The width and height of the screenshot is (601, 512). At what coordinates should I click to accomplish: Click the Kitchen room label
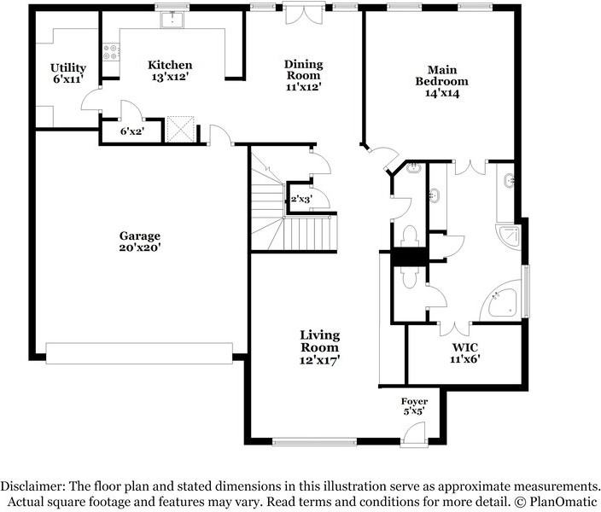pyautogui.click(x=170, y=71)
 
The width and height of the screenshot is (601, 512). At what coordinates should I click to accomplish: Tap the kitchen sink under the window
pyautogui.click(x=172, y=20)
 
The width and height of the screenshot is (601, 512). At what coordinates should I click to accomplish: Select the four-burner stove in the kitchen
pyautogui.click(x=111, y=52)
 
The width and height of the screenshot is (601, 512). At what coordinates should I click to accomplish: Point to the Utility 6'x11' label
pyautogui.click(x=67, y=73)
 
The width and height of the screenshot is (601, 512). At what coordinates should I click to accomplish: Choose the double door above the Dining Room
pyautogui.click(x=304, y=15)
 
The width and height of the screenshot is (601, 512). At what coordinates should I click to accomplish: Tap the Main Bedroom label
pyautogui.click(x=442, y=81)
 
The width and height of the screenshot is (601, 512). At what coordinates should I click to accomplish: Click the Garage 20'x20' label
pyautogui.click(x=139, y=241)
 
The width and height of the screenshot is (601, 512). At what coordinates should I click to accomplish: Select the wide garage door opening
pyautogui.click(x=139, y=353)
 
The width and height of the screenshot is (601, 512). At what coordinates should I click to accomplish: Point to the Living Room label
pyautogui.click(x=319, y=347)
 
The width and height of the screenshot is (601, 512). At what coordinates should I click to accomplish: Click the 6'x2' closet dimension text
pyautogui.click(x=131, y=131)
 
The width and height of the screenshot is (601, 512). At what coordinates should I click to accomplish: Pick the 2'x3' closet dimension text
pyautogui.click(x=301, y=200)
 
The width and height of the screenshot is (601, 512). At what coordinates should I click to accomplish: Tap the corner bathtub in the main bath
pyautogui.click(x=500, y=300)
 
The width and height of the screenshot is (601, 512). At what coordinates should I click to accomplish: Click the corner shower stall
pyautogui.click(x=509, y=237)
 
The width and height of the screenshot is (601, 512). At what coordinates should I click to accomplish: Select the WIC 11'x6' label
pyautogui.click(x=465, y=353)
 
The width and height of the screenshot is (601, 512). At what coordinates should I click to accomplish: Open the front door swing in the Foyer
pyautogui.click(x=416, y=433)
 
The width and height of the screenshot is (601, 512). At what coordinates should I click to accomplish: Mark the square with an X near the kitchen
pyautogui.click(x=180, y=130)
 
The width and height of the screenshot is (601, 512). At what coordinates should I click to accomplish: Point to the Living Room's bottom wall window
pyautogui.click(x=314, y=442)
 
